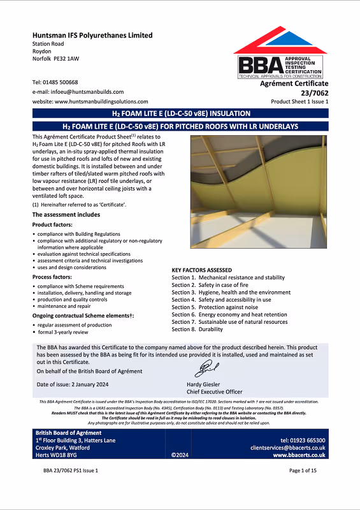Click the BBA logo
(x=281, y=55)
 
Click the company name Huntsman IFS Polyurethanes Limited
(x=92, y=35)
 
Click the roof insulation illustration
(x=259, y=199)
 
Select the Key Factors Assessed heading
(x=202, y=270)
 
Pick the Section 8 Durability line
(x=203, y=330)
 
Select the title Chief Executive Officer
(x=215, y=392)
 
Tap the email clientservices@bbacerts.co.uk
(x=288, y=448)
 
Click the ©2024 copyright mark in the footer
(x=180, y=455)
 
